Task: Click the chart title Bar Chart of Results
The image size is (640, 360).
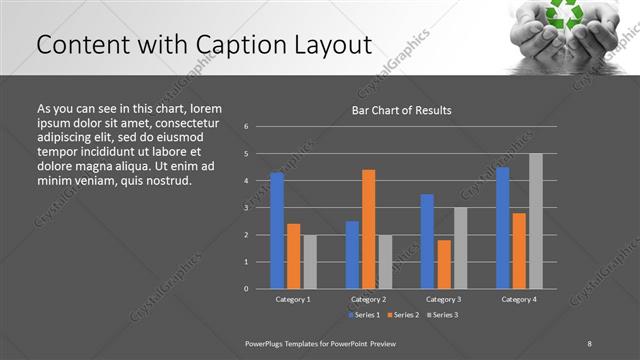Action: (x=401, y=110)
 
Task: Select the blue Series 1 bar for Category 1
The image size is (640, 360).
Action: (x=277, y=230)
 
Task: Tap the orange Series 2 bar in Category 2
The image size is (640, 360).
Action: (x=369, y=229)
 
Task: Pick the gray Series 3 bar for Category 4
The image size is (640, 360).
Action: (x=536, y=221)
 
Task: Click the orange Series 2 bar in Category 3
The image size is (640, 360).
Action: (x=444, y=264)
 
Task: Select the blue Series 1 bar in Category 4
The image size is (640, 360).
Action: (x=503, y=227)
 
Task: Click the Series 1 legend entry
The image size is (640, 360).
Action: (x=363, y=315)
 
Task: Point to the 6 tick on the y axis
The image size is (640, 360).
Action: (x=246, y=127)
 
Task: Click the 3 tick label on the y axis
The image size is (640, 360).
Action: (x=246, y=208)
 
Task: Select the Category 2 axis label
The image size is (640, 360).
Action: (x=369, y=299)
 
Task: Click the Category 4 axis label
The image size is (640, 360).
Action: (x=519, y=299)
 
